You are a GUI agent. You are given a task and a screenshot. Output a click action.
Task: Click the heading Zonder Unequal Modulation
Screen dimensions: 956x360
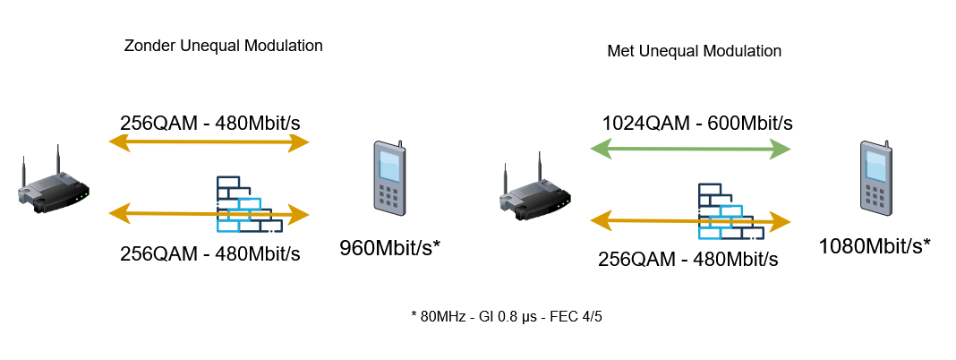click(223, 46)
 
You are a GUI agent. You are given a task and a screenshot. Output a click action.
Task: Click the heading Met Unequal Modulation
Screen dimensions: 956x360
click(694, 51)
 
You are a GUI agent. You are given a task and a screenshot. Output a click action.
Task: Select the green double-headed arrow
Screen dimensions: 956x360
click(691, 149)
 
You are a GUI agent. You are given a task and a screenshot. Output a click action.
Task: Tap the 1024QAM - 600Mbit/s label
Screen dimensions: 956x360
click(697, 124)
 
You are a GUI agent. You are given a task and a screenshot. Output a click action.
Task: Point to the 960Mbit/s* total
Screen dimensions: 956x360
click(389, 248)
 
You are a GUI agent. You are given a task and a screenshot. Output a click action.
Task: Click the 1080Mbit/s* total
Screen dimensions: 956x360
click(875, 246)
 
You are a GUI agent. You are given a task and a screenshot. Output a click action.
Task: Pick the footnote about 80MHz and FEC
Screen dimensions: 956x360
click(507, 317)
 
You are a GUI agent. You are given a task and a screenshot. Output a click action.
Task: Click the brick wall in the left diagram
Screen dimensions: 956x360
click(250, 204)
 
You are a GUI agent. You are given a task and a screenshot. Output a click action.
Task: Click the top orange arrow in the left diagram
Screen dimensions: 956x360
click(209, 142)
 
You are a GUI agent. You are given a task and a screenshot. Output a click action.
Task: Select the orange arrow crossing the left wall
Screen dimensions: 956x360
click(209, 214)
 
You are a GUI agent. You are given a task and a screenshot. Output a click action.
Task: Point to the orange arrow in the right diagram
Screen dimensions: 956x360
click(691, 221)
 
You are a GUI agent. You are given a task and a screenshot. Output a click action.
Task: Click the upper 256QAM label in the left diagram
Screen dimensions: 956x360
click(210, 124)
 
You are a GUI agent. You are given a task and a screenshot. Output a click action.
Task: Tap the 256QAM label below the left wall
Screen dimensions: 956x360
click(210, 253)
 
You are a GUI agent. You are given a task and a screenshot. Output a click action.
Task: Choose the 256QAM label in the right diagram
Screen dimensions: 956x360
click(687, 260)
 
